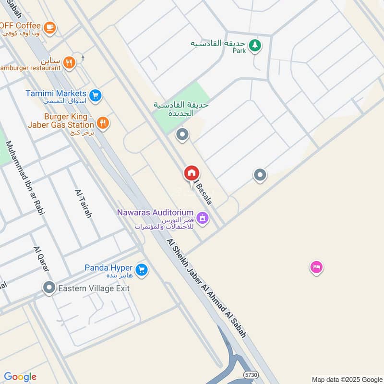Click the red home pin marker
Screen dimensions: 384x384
[x=192, y=173]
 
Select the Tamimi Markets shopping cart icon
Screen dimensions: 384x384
[x=96, y=96]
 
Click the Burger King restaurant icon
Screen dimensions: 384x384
[x=102, y=123]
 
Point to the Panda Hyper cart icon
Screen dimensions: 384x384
[x=141, y=270]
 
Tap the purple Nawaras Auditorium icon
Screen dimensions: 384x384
[x=203, y=218]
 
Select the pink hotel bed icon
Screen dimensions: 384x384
[x=316, y=267]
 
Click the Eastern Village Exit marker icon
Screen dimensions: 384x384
[x=49, y=288]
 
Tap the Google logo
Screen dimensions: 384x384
[x=20, y=377]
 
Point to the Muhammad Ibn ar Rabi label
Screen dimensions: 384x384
[x=22, y=173]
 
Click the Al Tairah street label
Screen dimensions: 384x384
[x=83, y=204]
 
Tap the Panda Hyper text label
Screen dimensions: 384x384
[x=109, y=267]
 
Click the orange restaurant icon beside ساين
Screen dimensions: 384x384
[x=70, y=62]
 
